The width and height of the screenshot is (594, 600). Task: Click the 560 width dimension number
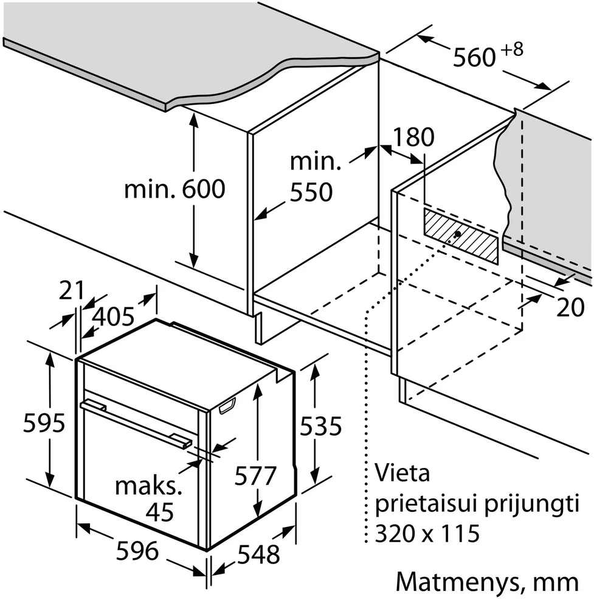click(x=474, y=57)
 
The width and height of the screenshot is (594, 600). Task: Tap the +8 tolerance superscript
click(x=512, y=50)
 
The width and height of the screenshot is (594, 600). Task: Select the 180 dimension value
click(x=413, y=137)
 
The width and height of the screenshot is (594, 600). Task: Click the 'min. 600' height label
click(x=174, y=189)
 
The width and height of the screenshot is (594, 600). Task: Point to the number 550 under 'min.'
click(x=311, y=192)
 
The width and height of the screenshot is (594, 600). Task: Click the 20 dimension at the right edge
click(x=570, y=307)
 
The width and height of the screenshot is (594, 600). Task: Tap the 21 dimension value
click(x=72, y=290)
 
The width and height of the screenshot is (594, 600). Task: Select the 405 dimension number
click(x=114, y=316)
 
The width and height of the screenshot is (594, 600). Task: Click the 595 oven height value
click(x=44, y=423)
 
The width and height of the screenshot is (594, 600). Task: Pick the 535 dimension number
click(x=320, y=427)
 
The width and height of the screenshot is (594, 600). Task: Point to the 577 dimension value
click(x=255, y=476)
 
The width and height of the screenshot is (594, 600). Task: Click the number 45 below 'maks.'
click(x=160, y=512)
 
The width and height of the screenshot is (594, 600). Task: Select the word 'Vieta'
click(x=402, y=473)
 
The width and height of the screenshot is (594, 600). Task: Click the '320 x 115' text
click(x=427, y=534)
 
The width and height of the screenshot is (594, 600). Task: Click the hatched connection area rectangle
click(x=461, y=236)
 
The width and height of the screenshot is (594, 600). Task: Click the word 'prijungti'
click(x=532, y=504)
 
